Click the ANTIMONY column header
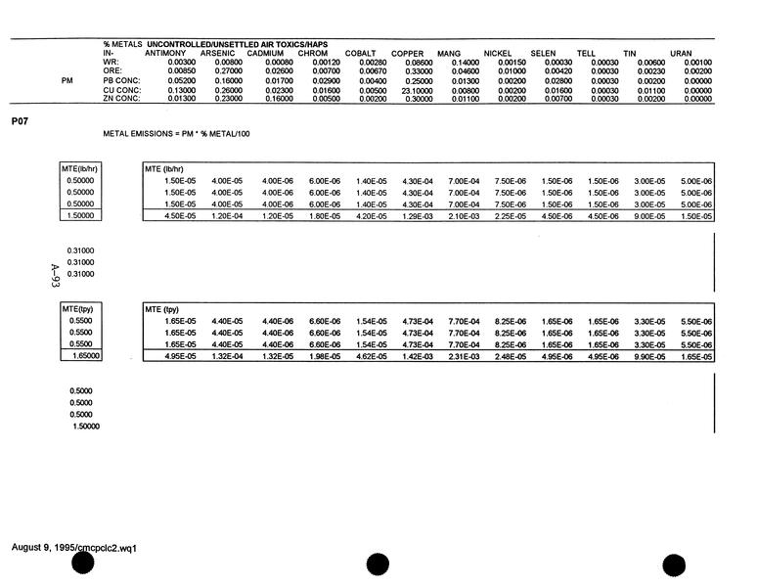tap(164, 53)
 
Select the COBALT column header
tap(361, 53)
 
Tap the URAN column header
tap(682, 53)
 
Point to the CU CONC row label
tap(121, 90)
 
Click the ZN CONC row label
tap(121, 99)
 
